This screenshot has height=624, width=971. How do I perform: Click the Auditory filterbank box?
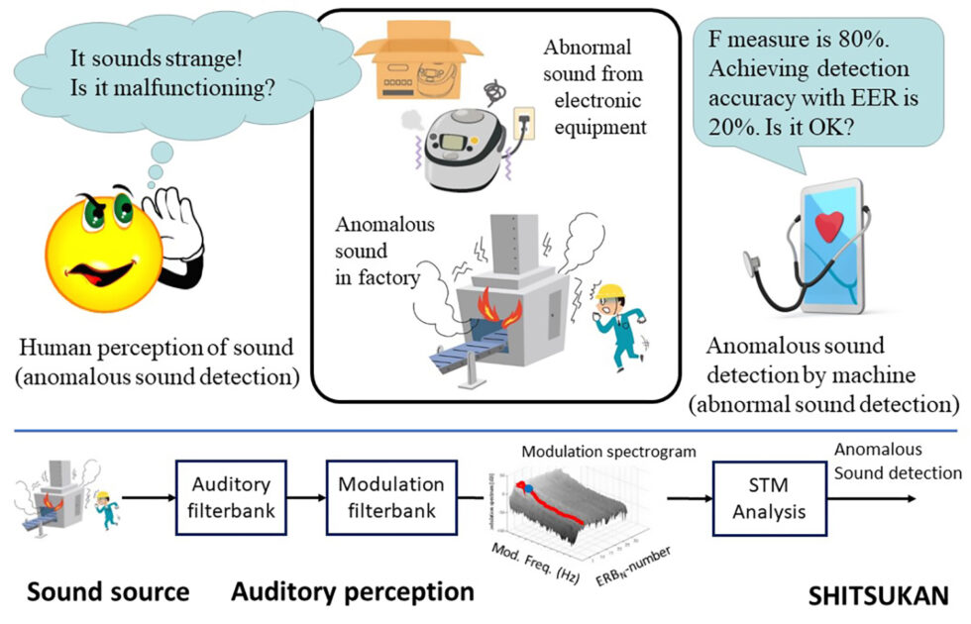(231, 498)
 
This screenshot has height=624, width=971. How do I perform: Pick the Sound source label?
(108, 592)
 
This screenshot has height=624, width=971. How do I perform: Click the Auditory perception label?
(353, 592)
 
